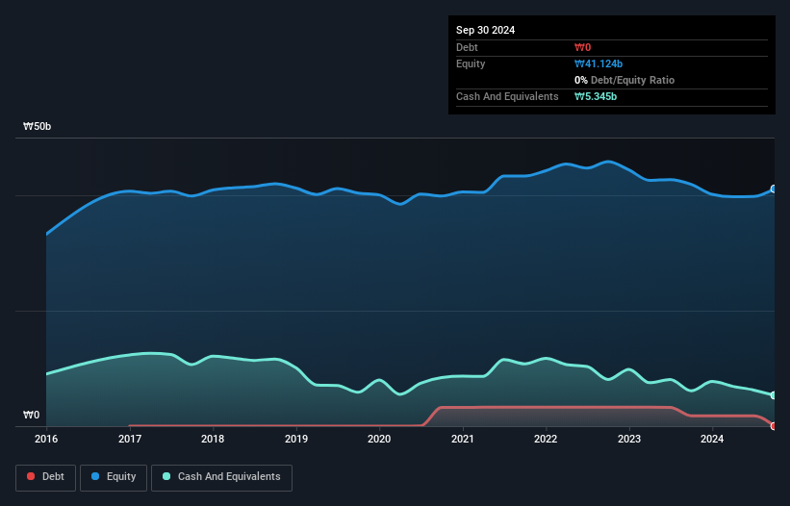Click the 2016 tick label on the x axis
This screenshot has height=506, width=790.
(x=46, y=439)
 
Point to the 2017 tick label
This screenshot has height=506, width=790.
(x=130, y=439)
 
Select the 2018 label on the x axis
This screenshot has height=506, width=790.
(x=213, y=439)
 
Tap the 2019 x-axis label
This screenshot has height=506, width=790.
(x=296, y=439)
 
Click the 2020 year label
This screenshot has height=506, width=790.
(x=380, y=439)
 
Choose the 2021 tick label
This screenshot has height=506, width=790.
(x=463, y=439)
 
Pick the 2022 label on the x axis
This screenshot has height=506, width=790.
(x=547, y=439)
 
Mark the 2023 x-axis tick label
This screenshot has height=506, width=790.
(x=629, y=439)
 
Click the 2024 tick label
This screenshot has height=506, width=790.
(x=712, y=439)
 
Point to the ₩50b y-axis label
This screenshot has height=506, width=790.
(x=38, y=127)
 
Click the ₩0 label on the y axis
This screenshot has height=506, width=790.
(x=32, y=416)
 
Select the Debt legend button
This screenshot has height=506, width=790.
(x=46, y=476)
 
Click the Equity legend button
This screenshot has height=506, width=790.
(x=114, y=476)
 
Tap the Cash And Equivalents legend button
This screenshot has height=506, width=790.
(x=221, y=476)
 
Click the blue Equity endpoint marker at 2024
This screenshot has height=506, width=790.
(x=774, y=190)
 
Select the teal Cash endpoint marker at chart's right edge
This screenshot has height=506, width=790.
(x=774, y=395)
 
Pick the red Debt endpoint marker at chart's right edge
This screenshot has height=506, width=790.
(x=774, y=425)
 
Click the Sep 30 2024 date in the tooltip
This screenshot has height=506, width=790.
(x=486, y=30)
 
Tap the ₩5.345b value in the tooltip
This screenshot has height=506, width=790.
(x=596, y=96)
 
